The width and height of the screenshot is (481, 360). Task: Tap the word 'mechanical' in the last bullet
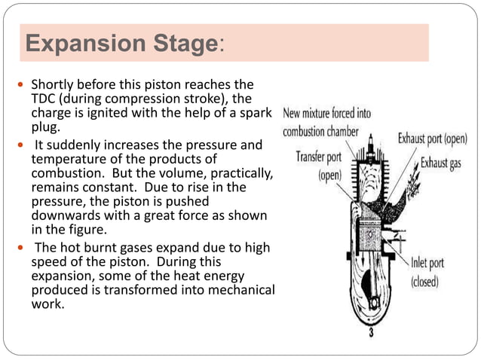[242, 291]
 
